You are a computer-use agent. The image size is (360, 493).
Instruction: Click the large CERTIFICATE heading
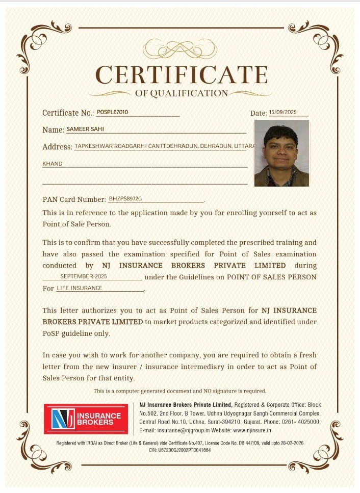point(182,75)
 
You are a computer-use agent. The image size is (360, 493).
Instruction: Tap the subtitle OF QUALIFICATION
point(182,93)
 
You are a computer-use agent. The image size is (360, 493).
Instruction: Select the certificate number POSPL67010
point(112,112)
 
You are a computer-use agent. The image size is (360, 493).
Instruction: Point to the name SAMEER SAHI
point(85,129)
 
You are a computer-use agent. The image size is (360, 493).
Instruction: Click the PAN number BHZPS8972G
point(125,198)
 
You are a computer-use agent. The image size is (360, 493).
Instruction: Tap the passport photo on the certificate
point(281,153)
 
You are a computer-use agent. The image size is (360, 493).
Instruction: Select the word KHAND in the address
point(53,164)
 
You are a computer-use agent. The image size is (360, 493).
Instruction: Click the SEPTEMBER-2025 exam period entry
point(84,276)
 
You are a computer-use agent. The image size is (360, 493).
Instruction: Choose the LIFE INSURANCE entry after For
point(80,288)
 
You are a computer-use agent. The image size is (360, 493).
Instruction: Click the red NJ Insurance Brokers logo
point(86,419)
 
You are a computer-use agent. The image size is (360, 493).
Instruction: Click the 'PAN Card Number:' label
point(74,199)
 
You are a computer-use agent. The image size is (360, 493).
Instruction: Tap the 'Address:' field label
point(57,147)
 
